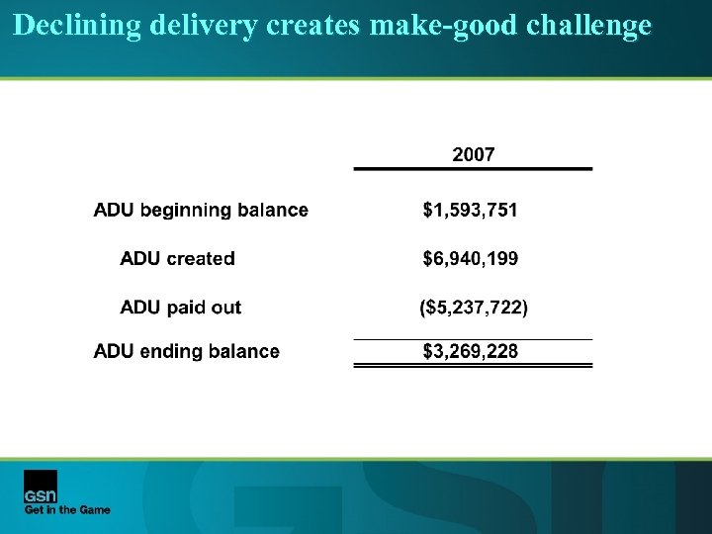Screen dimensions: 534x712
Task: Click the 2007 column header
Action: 473,154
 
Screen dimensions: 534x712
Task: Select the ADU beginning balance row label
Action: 201,210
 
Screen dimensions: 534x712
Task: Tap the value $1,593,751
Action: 470,210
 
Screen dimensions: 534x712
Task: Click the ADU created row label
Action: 177,259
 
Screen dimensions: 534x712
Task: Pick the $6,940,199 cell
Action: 470,259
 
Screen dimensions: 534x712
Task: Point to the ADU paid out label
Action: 180,308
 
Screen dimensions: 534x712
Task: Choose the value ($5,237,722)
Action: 474,308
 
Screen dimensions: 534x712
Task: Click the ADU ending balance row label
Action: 186,351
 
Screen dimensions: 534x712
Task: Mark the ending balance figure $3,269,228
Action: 470,351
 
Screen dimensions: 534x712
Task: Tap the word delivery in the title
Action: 205,26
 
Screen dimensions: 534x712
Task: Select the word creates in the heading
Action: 314,26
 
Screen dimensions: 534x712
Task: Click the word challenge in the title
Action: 588,26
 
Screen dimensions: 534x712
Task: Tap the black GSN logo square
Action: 41,486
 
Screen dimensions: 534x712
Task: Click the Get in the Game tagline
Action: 67,510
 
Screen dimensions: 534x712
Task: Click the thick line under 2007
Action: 473,169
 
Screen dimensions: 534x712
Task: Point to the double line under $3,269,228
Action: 473,365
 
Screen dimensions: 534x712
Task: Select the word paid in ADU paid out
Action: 189,308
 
